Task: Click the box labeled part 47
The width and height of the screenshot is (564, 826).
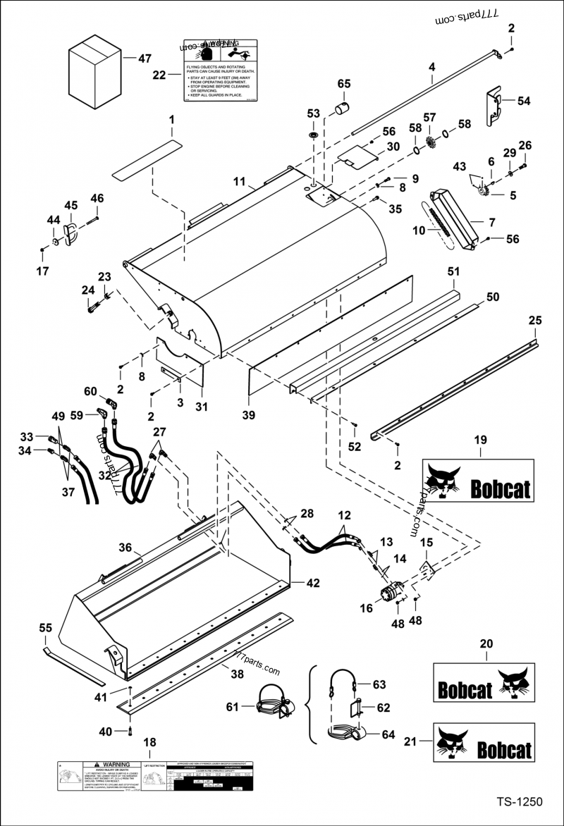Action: click(x=94, y=73)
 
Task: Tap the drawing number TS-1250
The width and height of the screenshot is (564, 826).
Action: click(x=520, y=802)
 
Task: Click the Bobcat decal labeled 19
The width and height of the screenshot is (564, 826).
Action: click(x=478, y=480)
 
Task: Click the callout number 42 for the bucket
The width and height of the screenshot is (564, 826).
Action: click(x=313, y=583)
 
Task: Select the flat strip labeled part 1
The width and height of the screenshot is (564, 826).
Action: click(x=147, y=159)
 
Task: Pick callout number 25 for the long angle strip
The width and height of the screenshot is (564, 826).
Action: click(x=535, y=321)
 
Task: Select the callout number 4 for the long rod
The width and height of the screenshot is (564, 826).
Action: click(x=431, y=67)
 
